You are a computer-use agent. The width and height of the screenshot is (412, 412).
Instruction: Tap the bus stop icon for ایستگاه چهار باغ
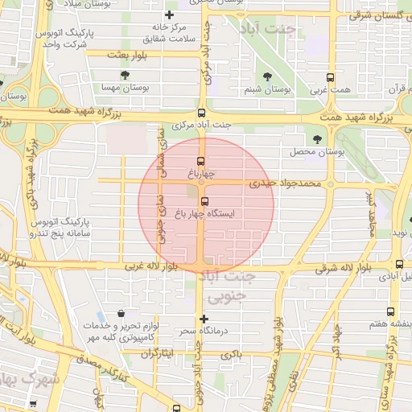204,201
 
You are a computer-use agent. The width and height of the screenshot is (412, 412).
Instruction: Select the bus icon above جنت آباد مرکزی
201,113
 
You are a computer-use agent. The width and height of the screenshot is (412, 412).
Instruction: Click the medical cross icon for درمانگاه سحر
204,319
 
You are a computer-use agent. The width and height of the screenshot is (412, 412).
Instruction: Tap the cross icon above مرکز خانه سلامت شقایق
169,14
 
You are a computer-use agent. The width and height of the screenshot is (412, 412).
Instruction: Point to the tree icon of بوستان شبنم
267,77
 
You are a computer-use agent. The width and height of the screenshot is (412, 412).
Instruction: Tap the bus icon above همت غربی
330,78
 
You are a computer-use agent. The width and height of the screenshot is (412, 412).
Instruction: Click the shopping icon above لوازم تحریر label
121,314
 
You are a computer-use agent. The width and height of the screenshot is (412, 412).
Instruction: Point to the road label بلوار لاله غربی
153,266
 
